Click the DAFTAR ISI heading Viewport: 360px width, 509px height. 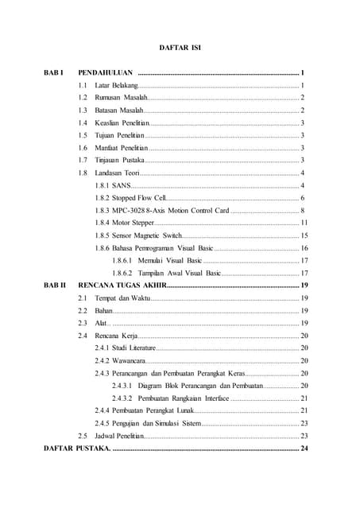coord(180,48)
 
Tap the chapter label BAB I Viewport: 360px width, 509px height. coord(54,72)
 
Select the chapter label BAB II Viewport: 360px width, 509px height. coord(56,284)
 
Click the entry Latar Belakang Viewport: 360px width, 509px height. coord(116,85)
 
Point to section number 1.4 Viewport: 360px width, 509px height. coord(83,123)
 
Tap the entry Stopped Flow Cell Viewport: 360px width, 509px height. coord(137,197)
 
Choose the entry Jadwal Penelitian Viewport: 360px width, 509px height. coord(118,436)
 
